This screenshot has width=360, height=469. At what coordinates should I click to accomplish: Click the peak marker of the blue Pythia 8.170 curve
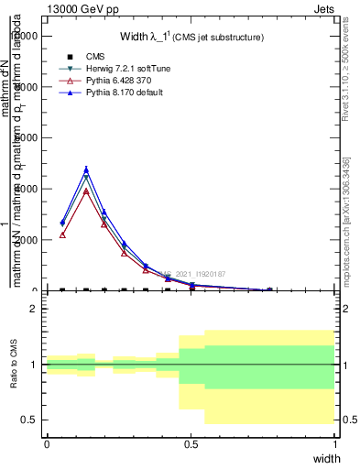[86, 169]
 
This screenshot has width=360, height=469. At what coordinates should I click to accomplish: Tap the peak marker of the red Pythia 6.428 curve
[86, 191]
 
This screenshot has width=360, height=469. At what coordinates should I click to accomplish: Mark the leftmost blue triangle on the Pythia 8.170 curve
[62, 223]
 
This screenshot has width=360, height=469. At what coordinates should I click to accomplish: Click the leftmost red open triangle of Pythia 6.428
[62, 234]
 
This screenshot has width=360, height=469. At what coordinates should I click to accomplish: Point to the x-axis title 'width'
[325, 458]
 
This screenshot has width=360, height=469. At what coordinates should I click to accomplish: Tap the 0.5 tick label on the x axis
[191, 443]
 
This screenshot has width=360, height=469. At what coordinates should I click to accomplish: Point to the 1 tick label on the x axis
[335, 443]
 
